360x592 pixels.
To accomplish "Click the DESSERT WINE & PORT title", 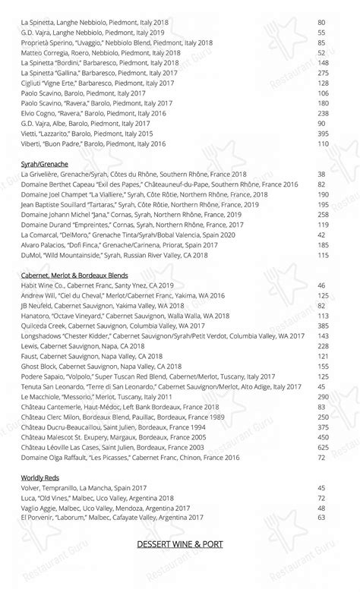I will tap(180, 544).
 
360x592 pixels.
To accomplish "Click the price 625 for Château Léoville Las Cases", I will tap(322, 447).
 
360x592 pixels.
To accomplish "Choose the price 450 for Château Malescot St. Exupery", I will tap(322, 437).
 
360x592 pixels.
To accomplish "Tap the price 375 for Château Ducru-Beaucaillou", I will tap(322, 427).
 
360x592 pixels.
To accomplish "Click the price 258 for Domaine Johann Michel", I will tap(322, 214).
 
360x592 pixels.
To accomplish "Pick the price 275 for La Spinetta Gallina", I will tap(322, 73).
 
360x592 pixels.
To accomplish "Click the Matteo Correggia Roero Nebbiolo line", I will tap(101, 53).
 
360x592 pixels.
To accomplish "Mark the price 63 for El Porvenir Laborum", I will tap(322, 517).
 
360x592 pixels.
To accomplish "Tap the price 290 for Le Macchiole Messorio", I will tap(322, 396).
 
